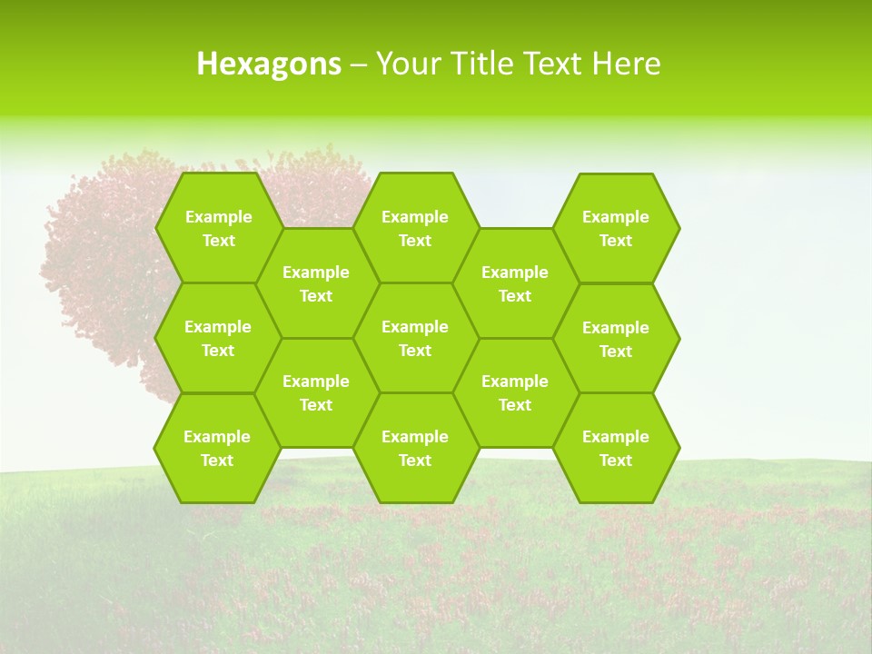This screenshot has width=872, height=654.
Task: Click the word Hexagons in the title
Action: [269, 64]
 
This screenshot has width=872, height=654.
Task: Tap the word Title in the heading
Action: [482, 64]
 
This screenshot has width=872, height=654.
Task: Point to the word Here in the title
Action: [626, 64]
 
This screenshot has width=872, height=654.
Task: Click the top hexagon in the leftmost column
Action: [218, 228]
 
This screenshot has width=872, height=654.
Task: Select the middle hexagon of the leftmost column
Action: [218, 338]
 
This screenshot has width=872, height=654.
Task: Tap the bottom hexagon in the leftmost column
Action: [217, 448]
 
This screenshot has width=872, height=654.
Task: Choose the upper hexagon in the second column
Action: [316, 283]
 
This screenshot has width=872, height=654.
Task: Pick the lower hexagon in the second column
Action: [316, 392]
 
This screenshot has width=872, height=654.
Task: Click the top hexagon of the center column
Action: [415, 228]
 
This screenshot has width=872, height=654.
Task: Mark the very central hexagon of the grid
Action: [415, 338]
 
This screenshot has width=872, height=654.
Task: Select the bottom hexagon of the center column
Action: [415, 448]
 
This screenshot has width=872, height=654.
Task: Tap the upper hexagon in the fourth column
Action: [515, 283]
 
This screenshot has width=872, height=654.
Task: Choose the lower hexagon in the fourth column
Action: [515, 392]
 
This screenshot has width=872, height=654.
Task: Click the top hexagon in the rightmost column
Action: [616, 228]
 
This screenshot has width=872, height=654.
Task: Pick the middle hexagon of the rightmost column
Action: [616, 339]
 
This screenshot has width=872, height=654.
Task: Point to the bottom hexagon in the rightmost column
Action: [616, 448]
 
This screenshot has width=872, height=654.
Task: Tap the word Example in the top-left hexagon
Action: [218, 217]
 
